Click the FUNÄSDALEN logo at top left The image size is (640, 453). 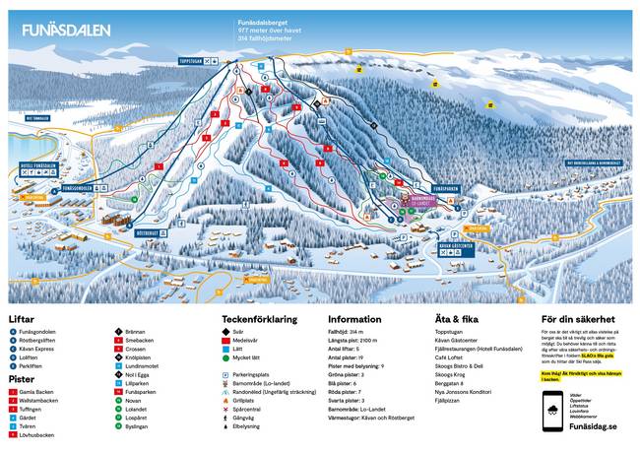coord(60,31)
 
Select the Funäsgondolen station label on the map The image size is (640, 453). coord(78,187)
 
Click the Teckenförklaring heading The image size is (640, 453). coord(260,319)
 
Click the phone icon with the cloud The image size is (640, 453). coord(553,415)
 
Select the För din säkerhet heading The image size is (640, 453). coord(579,319)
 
